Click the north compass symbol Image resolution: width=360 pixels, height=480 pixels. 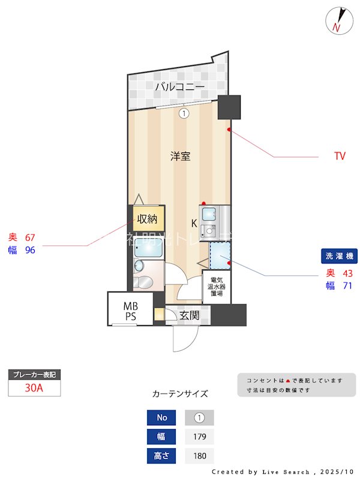tap(337, 21)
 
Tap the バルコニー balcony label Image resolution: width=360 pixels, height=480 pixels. tap(179, 87)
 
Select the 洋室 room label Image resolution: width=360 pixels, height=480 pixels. tap(180, 157)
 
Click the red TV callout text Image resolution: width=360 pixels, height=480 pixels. tap(340, 157)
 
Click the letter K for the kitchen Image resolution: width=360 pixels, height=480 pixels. tap(194, 223)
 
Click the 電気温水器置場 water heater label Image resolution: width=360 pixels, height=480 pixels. tap(217, 287)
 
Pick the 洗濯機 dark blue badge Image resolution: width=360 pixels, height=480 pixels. tap(340, 256)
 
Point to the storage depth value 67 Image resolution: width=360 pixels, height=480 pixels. tap(31, 238)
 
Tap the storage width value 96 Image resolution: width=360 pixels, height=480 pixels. tap(31, 250)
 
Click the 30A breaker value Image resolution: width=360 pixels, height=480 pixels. tap(34, 388)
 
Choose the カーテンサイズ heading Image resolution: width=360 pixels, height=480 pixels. tap(180, 394)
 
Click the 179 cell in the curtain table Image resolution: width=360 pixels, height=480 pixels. tap(200, 437)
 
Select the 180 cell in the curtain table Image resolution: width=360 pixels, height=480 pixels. tap(200, 456)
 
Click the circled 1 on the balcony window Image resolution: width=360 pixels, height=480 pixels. tap(184, 112)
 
